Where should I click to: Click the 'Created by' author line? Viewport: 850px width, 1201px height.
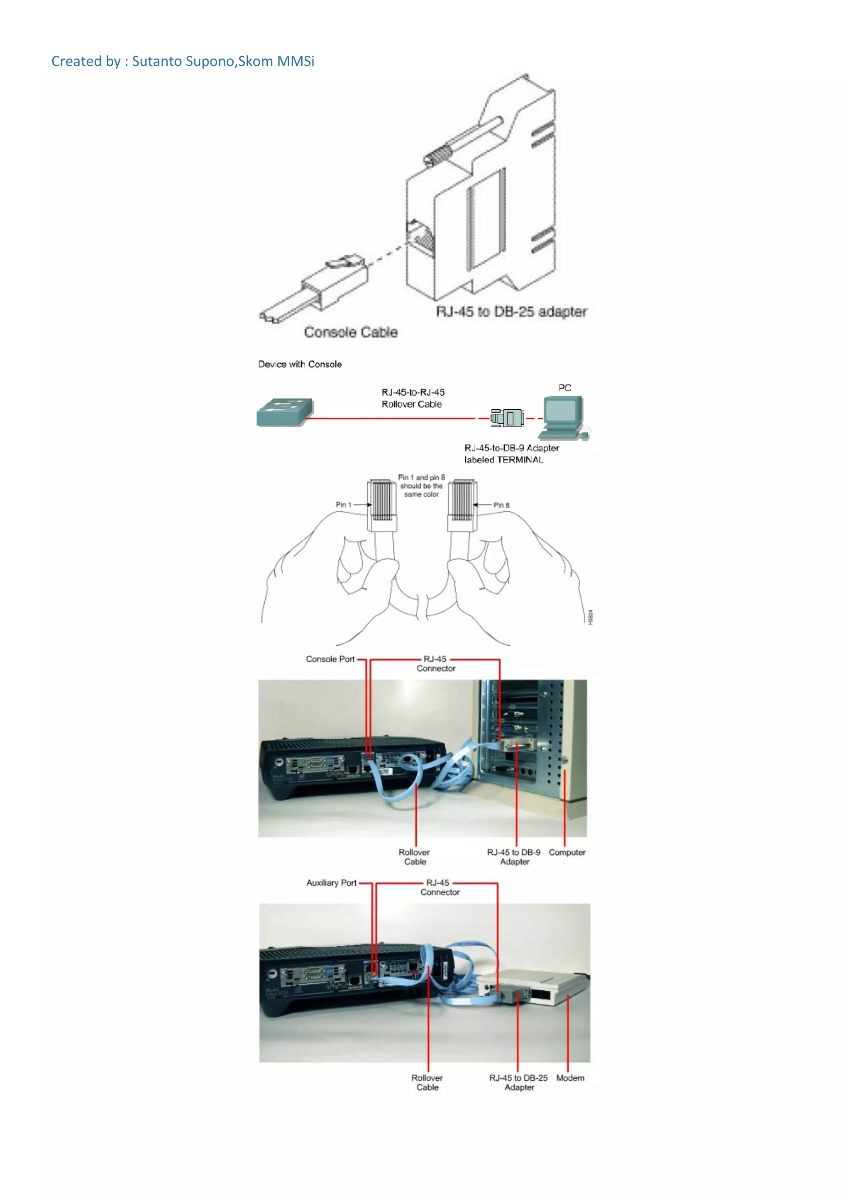click(x=183, y=61)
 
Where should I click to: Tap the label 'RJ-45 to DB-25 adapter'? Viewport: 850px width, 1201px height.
click(x=511, y=312)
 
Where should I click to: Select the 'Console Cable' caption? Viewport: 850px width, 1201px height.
click(x=351, y=332)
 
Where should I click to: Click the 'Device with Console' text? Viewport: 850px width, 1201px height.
click(x=300, y=364)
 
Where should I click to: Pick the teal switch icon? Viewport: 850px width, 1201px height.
click(x=285, y=412)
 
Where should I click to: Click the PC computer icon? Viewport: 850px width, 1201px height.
click(x=564, y=418)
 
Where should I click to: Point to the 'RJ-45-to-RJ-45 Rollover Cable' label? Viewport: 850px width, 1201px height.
click(x=413, y=398)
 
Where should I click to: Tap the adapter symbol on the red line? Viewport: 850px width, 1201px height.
click(x=507, y=418)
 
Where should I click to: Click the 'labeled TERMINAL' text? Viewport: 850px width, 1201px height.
click(x=503, y=460)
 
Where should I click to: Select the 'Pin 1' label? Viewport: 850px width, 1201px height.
click(x=343, y=505)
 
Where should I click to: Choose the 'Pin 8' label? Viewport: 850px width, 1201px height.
click(x=501, y=505)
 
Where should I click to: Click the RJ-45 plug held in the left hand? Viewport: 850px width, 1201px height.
click(x=381, y=505)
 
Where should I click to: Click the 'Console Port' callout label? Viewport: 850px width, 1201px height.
click(x=330, y=659)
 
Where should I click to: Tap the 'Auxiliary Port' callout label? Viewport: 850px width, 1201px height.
click(x=331, y=883)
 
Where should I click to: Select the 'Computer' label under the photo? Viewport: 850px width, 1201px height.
click(x=567, y=852)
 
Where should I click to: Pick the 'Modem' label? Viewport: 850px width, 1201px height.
click(x=570, y=1078)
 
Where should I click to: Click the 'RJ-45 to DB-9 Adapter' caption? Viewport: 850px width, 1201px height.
click(x=514, y=857)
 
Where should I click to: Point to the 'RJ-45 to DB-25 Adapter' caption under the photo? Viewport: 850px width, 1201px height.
click(x=519, y=1083)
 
